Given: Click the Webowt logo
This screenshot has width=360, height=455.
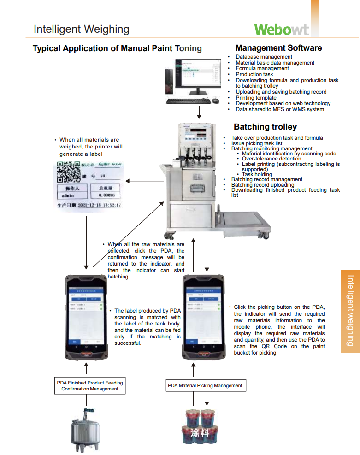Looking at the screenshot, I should pos(281,29).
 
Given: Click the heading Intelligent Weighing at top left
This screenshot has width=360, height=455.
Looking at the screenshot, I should pos(81,29).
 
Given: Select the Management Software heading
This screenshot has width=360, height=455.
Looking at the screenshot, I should pos(278,48).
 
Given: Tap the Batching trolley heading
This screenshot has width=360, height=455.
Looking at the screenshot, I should pos(265,127).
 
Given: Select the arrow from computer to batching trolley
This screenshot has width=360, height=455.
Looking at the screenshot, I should pos(199,112).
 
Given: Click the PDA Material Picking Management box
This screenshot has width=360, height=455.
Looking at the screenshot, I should pos(205,385).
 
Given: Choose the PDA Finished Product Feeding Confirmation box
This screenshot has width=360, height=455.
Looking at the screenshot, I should pos(90,386).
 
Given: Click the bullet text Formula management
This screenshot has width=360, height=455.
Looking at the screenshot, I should pos(262,68).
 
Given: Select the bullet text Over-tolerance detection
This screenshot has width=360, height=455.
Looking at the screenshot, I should pos(271,159).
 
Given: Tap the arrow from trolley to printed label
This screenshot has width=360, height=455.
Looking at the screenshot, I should pos(143,181).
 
